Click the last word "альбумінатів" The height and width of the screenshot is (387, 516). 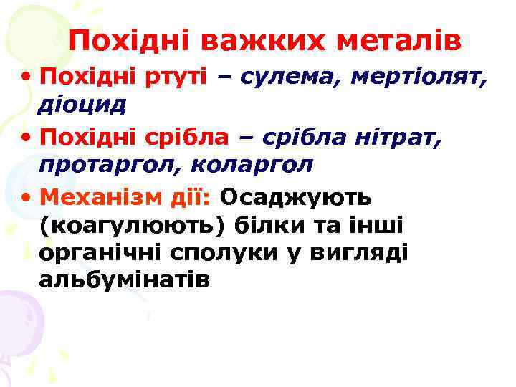125,280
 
